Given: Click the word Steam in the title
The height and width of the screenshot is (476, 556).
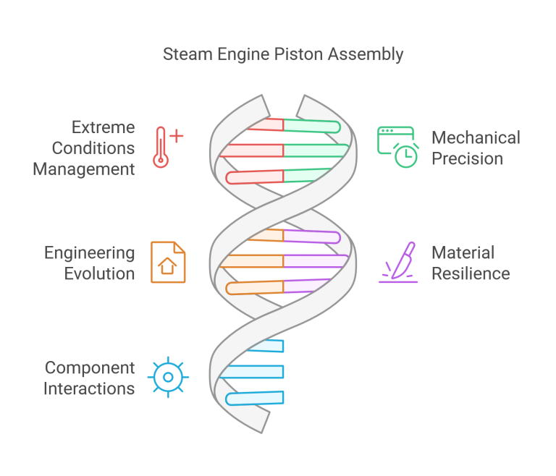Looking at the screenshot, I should [x=184, y=54].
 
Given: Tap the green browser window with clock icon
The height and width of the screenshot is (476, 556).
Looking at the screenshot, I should [x=397, y=148].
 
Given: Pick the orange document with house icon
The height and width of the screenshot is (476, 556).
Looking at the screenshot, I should [x=168, y=262].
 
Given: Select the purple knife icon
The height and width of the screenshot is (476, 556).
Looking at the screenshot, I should [x=399, y=262].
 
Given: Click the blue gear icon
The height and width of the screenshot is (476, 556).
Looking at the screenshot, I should [x=168, y=377].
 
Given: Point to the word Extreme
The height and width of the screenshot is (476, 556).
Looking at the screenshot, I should [x=103, y=127].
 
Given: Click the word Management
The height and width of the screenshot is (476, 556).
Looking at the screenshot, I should [x=84, y=169].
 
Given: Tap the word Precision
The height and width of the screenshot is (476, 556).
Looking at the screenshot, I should [x=467, y=158].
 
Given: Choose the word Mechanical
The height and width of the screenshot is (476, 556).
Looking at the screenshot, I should [x=476, y=137].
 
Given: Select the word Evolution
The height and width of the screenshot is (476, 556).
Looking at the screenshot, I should [x=98, y=273].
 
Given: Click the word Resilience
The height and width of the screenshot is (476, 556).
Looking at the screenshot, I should [x=471, y=273].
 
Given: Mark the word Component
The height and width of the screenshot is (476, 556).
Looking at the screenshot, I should [x=89, y=367].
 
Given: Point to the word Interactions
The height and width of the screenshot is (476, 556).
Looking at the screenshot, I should [x=89, y=388].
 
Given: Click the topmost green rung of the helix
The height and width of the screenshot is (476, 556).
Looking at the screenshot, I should [x=311, y=127].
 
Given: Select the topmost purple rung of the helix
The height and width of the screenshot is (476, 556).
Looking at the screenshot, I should [x=311, y=237].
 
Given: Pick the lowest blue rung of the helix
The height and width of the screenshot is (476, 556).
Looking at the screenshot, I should [x=255, y=398].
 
